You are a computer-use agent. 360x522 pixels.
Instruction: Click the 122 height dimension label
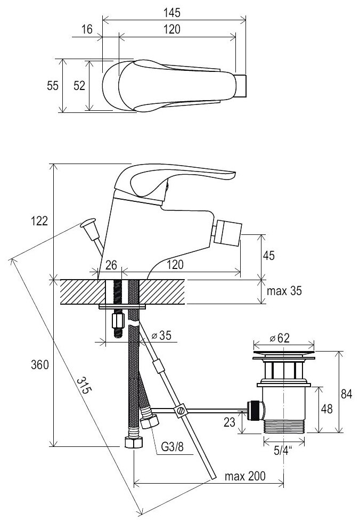39,221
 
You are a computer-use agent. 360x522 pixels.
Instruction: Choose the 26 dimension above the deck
111,264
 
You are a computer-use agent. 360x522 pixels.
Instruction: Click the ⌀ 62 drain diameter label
285,338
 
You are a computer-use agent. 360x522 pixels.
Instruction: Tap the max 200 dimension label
245,476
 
